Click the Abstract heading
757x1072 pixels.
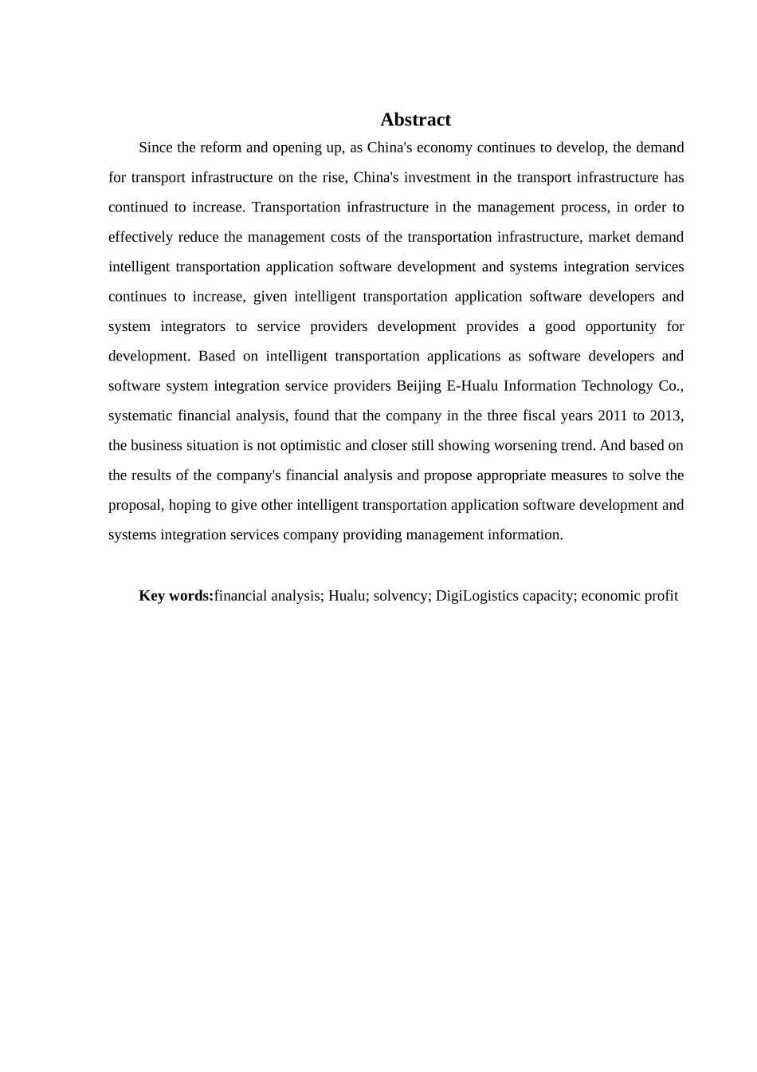tap(415, 120)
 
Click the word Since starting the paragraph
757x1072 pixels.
tap(155, 148)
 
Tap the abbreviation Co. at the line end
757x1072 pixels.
tap(671, 386)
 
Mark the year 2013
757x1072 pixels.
tap(668, 416)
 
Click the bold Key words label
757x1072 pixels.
tap(176, 596)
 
